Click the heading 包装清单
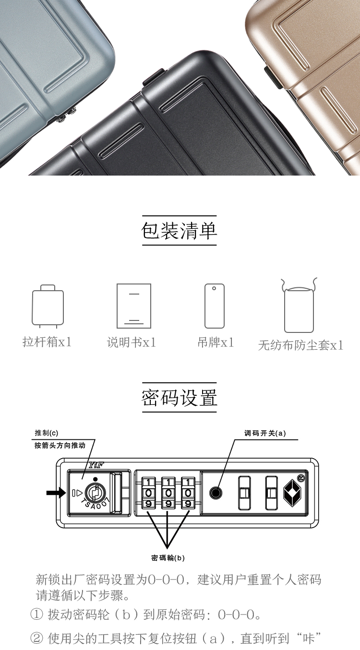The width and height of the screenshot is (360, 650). (179, 231)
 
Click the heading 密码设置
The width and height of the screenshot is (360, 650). (179, 398)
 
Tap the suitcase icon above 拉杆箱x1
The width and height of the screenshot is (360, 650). (48, 306)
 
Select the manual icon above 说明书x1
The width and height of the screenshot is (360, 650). (134, 306)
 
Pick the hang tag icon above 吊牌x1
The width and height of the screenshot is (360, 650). (215, 306)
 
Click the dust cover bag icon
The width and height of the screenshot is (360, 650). (299, 305)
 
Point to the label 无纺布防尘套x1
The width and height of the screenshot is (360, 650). (301, 345)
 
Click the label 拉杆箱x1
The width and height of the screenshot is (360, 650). (47, 342)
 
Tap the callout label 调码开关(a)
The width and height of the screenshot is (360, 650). (265, 433)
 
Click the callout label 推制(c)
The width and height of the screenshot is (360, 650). (47, 433)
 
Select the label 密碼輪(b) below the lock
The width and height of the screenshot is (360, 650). (168, 558)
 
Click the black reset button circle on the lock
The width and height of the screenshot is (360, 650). (216, 493)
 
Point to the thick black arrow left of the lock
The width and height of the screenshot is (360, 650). (56, 493)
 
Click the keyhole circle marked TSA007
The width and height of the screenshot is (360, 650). (95, 493)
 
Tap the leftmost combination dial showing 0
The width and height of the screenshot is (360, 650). (148, 493)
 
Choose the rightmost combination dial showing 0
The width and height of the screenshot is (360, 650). (188, 493)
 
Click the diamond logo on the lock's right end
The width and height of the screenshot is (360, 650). (292, 493)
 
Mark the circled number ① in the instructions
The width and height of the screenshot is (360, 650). (36, 614)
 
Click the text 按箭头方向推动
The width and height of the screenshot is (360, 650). (60, 446)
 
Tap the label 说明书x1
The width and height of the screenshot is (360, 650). (132, 343)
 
